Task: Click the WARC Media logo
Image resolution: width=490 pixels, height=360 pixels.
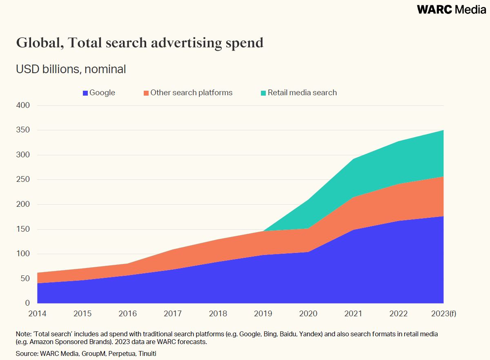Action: click(451, 9)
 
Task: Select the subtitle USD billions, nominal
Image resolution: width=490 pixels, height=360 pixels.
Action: click(71, 69)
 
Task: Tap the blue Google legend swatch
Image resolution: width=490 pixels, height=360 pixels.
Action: click(85, 93)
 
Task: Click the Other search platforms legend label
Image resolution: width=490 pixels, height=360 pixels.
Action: click(191, 93)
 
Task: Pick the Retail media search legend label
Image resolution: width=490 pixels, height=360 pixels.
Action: click(302, 93)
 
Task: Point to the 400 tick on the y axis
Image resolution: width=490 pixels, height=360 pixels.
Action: click(23, 105)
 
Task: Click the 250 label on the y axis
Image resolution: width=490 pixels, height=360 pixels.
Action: click(23, 179)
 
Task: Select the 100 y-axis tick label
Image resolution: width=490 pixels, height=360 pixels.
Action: click(23, 254)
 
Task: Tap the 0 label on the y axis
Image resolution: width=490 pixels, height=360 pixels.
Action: click(27, 303)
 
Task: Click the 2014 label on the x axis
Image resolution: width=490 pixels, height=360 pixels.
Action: click(37, 314)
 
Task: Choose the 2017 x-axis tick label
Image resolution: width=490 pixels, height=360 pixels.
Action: click(173, 314)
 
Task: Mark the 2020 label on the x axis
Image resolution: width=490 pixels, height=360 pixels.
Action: click(308, 314)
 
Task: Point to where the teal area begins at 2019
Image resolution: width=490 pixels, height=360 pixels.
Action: click(263, 231)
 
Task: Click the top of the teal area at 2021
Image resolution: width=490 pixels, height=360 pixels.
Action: click(353, 159)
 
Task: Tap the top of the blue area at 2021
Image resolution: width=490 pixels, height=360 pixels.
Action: click(353, 230)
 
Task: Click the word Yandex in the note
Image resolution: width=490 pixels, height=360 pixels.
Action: click(311, 334)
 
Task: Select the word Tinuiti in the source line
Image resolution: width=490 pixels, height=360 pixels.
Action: click(146, 353)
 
